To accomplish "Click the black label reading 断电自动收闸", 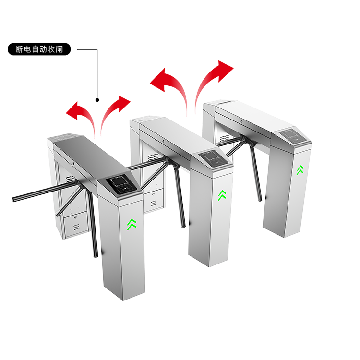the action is [x=39, y=49].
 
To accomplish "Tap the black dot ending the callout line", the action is [x=97, y=100].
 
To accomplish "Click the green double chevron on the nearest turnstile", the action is [x=132, y=224].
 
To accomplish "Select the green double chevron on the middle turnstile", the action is [x=222, y=195].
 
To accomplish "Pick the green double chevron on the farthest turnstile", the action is [x=300, y=170].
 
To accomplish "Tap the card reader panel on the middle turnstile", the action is [x=213, y=158].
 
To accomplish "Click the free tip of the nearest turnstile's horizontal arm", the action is [x=14, y=199].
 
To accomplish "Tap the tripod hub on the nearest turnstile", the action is [x=79, y=183].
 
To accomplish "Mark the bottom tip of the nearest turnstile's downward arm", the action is [x=96, y=255].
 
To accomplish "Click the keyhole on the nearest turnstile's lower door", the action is [x=75, y=217].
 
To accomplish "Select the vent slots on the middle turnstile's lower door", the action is [x=154, y=203].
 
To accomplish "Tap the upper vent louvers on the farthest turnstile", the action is [x=225, y=138].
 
